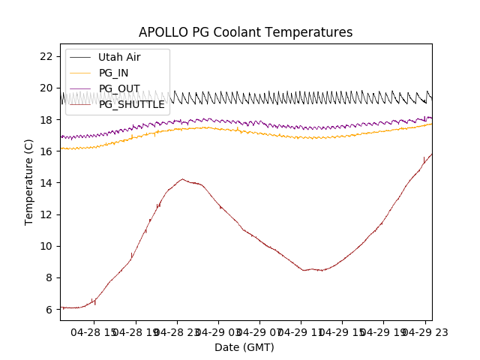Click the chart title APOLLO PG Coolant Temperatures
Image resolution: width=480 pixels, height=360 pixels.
click(245, 32)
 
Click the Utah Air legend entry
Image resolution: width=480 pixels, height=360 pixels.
click(118, 57)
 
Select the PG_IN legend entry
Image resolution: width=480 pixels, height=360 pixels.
click(113, 73)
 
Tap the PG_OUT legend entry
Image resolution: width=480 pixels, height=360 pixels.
click(118, 88)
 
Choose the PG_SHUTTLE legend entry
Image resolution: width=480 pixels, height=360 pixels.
click(131, 104)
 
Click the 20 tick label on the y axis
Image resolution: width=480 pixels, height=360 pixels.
click(46, 88)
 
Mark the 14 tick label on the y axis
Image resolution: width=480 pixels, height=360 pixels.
click(46, 183)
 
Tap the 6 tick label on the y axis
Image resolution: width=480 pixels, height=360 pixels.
click(49, 309)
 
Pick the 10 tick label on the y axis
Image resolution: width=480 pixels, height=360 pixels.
click(46, 246)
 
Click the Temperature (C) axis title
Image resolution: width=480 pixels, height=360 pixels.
click(28, 181)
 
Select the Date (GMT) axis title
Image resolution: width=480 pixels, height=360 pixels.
click(244, 347)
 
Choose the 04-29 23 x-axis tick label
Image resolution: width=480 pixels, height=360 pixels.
click(424, 332)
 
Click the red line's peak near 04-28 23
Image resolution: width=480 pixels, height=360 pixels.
click(182, 179)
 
